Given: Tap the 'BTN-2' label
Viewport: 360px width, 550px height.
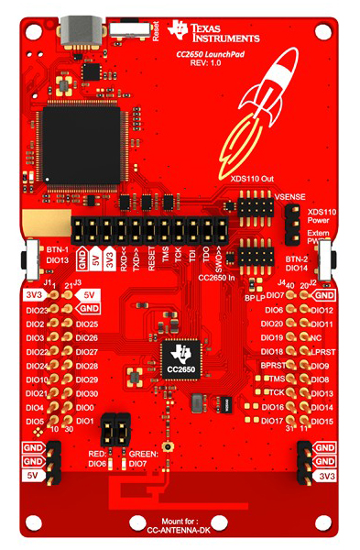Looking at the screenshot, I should [x=300, y=258].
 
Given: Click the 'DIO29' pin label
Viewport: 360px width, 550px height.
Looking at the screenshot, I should [x=88, y=379].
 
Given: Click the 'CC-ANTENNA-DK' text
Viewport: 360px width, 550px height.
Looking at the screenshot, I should [x=180, y=530].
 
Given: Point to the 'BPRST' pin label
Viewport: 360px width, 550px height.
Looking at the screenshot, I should [x=274, y=365].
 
